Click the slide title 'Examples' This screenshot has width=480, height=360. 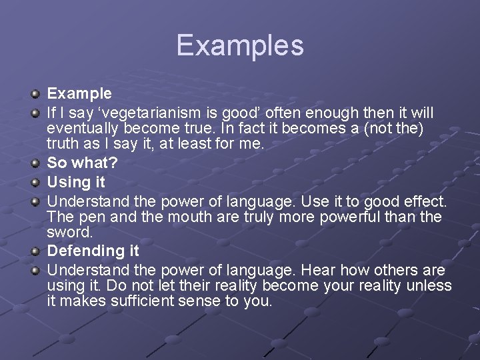click(240, 45)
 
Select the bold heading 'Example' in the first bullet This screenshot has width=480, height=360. click(79, 93)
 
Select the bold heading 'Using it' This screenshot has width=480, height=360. click(76, 182)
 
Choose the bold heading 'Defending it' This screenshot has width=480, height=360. click(93, 251)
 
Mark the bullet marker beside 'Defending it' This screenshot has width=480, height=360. click(35, 252)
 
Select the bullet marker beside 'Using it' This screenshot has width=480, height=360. click(35, 183)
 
